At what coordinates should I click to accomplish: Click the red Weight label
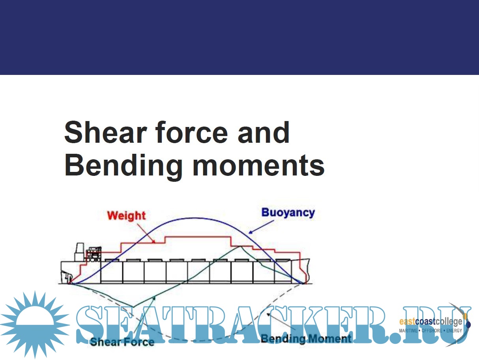(x=126, y=216)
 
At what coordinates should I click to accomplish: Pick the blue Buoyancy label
(x=288, y=213)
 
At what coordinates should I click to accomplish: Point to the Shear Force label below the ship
(x=122, y=341)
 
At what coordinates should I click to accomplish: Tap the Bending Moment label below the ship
(x=306, y=338)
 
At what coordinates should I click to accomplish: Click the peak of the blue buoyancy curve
(x=193, y=218)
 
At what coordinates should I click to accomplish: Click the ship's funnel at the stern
(x=80, y=251)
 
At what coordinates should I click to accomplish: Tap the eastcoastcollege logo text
(x=431, y=322)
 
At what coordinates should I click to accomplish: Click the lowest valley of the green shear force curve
(x=134, y=306)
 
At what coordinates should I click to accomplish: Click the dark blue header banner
(x=240, y=37)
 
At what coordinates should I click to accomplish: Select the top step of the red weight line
(x=197, y=237)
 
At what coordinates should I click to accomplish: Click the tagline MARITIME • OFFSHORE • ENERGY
(x=430, y=330)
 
